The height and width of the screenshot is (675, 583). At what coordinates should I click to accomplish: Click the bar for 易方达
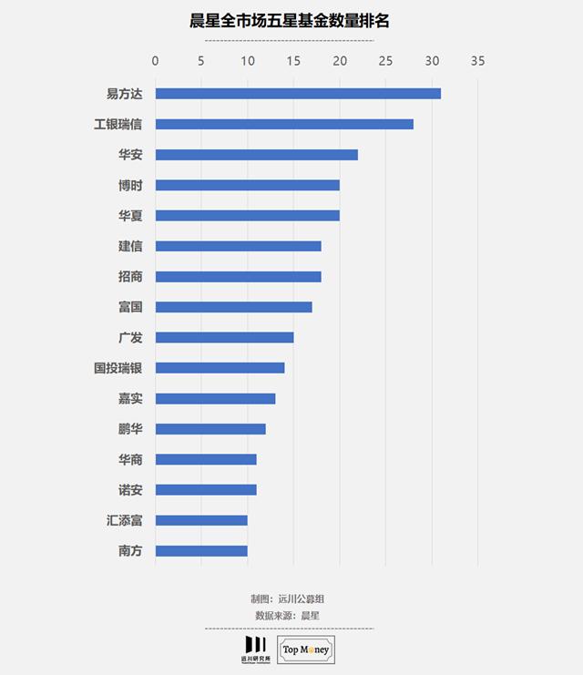point(298,94)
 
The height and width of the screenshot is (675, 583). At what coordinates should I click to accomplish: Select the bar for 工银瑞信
point(284,124)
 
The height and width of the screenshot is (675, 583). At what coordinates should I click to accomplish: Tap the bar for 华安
point(257,155)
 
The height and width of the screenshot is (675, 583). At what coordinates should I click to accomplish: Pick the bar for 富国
point(234,307)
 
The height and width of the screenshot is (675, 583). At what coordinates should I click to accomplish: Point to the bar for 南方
point(201,551)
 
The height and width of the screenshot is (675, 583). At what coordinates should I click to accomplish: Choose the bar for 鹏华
point(210,429)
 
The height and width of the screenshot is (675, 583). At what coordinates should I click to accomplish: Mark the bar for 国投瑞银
point(220,368)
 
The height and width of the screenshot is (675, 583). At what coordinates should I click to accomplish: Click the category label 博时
point(130,185)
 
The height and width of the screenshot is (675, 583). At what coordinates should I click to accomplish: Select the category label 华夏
point(130,216)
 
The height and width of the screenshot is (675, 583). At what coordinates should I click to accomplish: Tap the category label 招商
point(130,277)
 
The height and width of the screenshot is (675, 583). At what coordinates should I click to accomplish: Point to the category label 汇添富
point(124,520)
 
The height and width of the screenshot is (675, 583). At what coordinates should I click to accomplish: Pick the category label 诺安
point(130,490)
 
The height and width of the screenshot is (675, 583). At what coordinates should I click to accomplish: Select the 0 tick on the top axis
point(156,61)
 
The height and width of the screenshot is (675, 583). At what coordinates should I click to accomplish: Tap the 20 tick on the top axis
point(340,61)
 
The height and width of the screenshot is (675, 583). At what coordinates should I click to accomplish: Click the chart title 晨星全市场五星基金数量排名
point(289,21)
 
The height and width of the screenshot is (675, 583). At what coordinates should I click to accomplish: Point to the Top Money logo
point(305,649)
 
